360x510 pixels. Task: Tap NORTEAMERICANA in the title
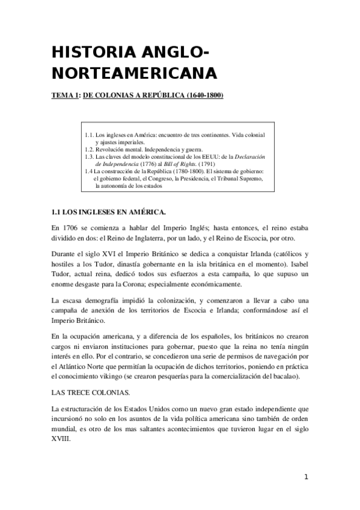(x=133, y=73)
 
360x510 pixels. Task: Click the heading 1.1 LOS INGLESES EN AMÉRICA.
(x=108, y=212)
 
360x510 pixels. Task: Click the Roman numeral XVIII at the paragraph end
(x=61, y=439)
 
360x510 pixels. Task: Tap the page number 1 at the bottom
(x=306, y=477)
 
